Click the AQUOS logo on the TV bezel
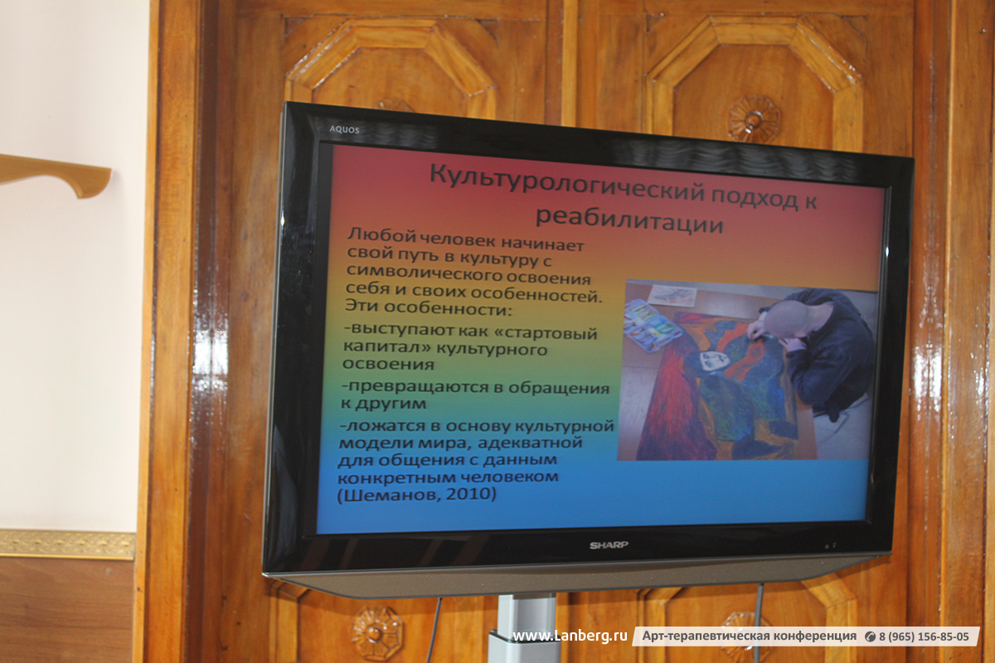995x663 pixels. coord(344,129)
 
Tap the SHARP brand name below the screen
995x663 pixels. coord(609,544)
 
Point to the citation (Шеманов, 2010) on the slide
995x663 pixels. coord(417,494)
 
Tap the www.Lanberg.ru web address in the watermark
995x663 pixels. coord(570,636)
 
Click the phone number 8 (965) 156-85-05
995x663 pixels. coord(924,636)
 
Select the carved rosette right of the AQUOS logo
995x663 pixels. coord(753,119)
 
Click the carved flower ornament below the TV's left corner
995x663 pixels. coord(377,633)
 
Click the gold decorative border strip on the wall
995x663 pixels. coord(67,544)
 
